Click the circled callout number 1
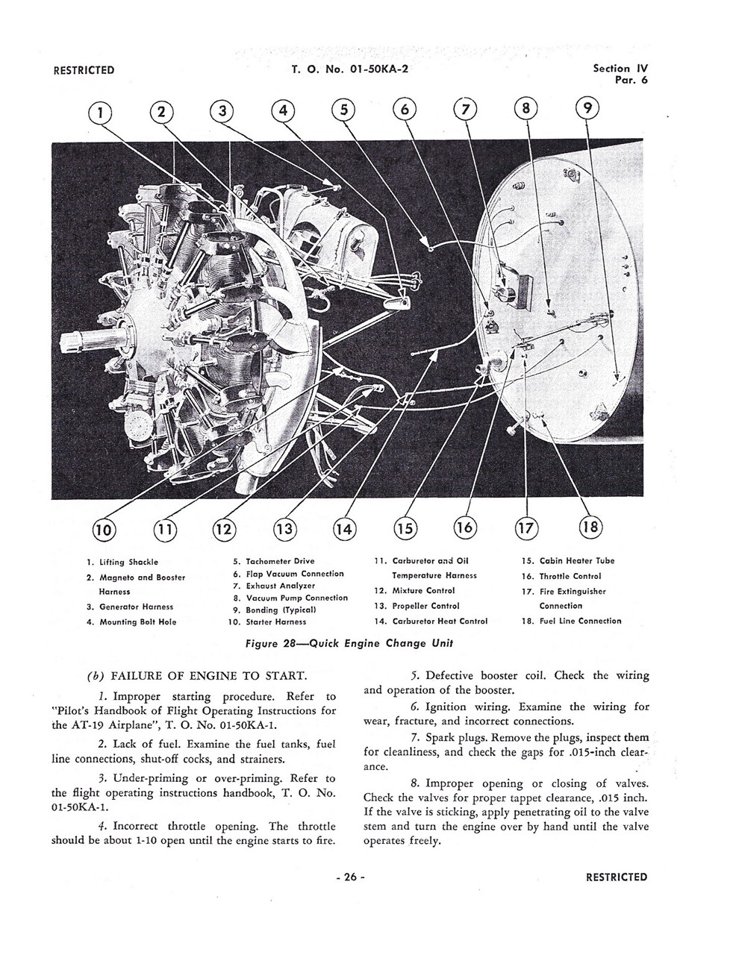tap(99, 112)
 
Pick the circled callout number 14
tap(343, 529)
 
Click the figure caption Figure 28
tap(349, 643)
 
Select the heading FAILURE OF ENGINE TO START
tap(208, 677)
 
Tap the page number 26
tap(349, 877)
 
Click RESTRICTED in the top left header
tap(84, 71)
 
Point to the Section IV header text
tap(620, 69)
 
